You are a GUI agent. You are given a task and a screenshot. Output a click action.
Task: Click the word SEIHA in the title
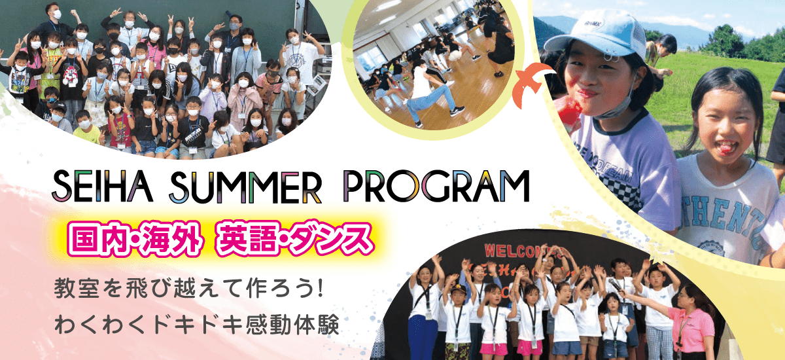(103, 186)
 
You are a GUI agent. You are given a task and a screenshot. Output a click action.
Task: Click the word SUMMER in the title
(245, 186)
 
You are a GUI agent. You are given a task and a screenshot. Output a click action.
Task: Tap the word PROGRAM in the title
(436, 186)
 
